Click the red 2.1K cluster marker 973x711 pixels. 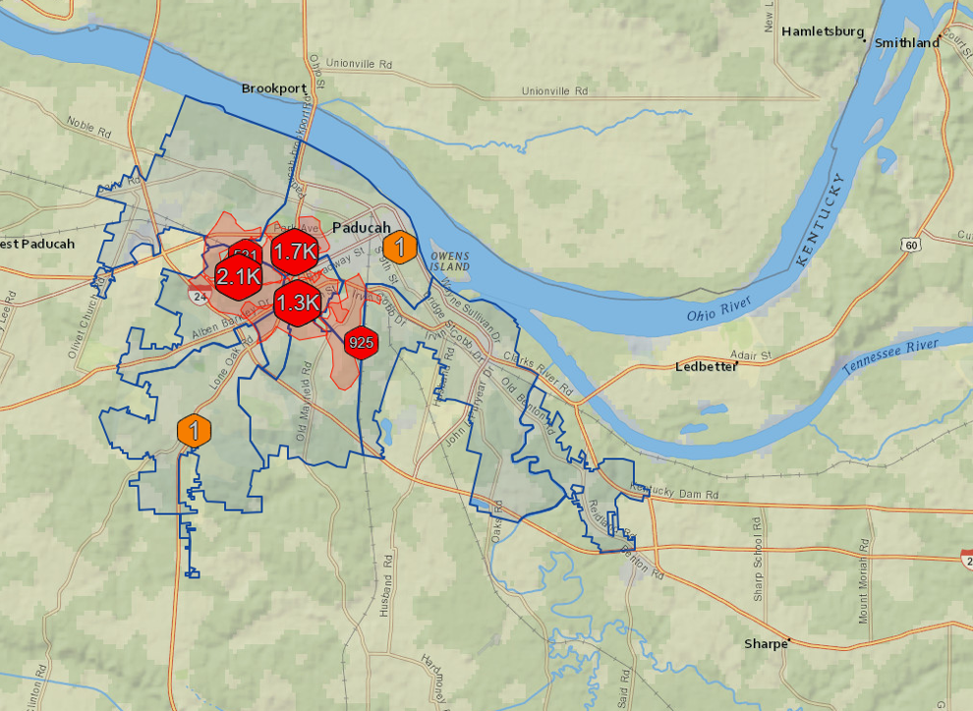[x=239, y=276]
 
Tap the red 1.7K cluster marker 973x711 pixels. [x=295, y=252]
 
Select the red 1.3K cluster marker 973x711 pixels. [x=297, y=302]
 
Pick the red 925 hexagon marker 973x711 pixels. [x=361, y=343]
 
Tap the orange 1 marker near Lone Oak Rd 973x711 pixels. [x=195, y=430]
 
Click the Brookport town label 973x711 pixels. [x=274, y=88]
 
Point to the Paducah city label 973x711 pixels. [x=362, y=228]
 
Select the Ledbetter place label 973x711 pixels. [x=705, y=366]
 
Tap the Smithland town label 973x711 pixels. [x=906, y=43]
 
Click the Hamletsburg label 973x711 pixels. [x=823, y=31]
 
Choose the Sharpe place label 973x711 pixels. [x=766, y=644]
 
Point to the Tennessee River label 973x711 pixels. [x=890, y=356]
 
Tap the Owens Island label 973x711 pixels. [x=449, y=261]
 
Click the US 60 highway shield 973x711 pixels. [x=912, y=245]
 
